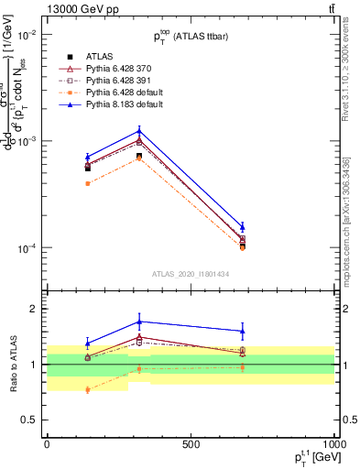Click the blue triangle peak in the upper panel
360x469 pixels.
click(x=139, y=131)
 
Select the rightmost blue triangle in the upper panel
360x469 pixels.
click(x=243, y=226)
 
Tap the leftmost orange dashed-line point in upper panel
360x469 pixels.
click(x=88, y=183)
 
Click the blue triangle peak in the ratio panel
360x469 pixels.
click(x=139, y=322)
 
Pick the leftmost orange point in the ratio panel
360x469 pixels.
click(x=88, y=389)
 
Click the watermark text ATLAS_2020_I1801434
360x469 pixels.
click(x=190, y=274)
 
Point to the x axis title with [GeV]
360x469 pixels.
click(x=300, y=459)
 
